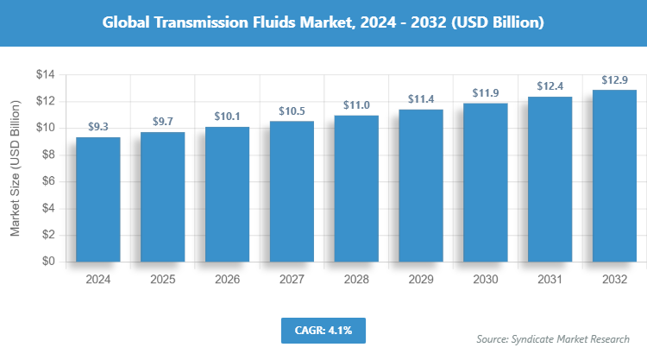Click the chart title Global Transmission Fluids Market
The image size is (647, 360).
click(323, 22)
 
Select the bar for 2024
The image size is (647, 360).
click(98, 199)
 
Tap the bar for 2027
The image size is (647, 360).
click(292, 192)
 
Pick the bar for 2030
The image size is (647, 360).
click(485, 182)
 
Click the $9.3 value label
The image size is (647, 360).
click(98, 127)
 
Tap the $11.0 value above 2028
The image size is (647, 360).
click(356, 105)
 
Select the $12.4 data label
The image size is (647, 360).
click(550, 86)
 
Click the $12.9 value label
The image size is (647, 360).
click(614, 79)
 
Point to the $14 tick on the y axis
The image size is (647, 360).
click(45, 75)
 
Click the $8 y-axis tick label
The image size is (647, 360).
click(48, 155)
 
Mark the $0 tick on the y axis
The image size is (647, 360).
click(48, 261)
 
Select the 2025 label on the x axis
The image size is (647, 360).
click(163, 280)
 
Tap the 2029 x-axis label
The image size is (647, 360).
click(421, 280)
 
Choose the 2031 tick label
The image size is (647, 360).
click(550, 280)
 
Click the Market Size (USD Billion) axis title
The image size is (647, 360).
click(15, 168)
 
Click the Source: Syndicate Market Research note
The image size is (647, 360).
click(553, 338)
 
